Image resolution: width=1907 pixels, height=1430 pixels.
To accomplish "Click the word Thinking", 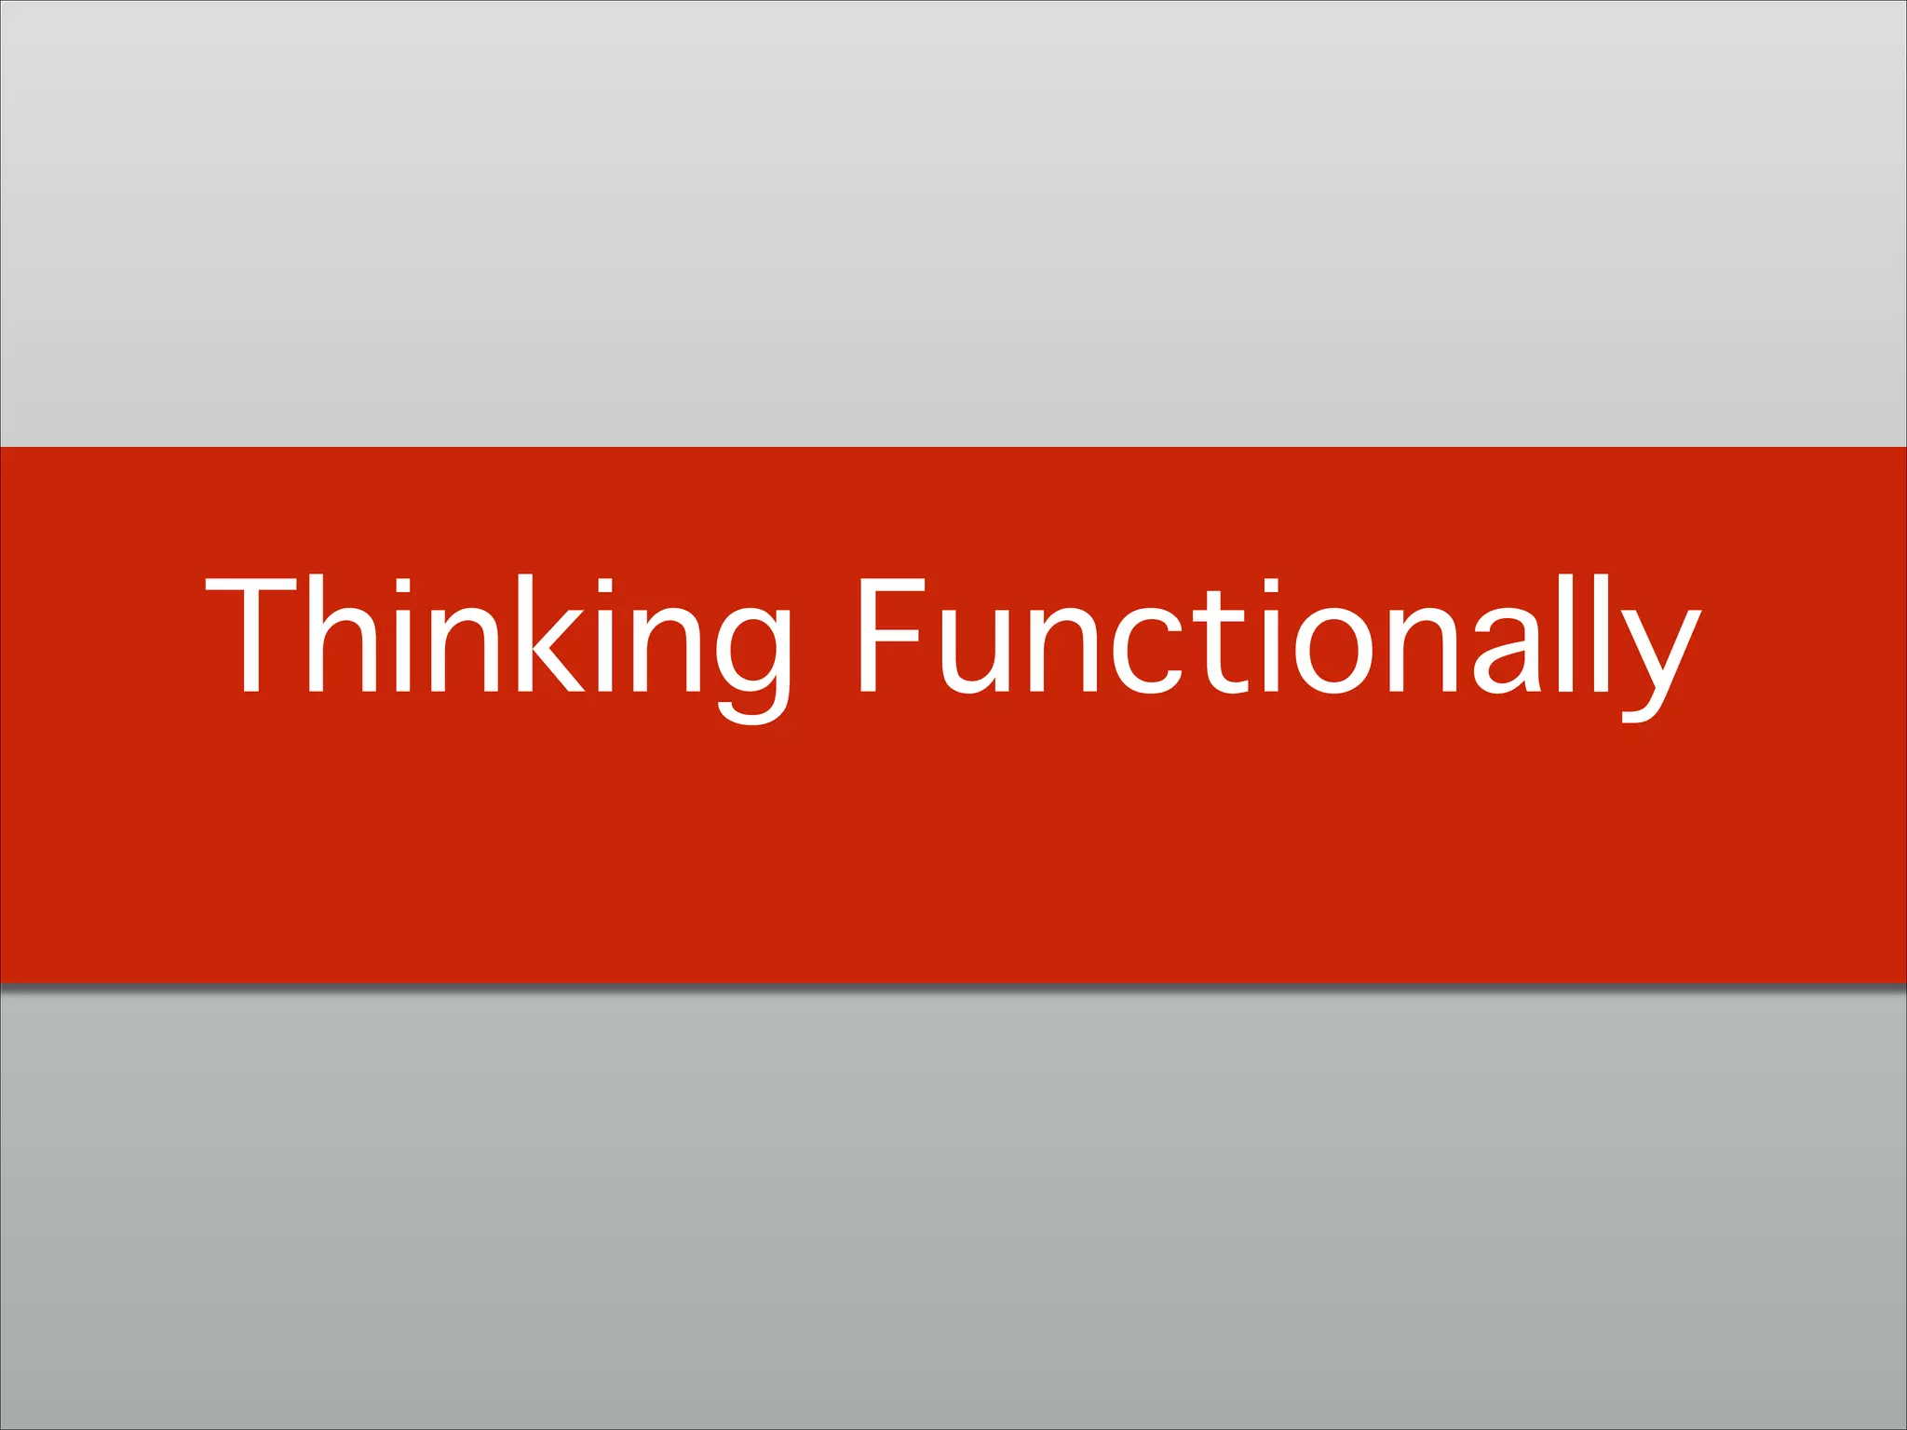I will point(498,642).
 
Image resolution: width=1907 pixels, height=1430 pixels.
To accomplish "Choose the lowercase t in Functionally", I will point(1216,642).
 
